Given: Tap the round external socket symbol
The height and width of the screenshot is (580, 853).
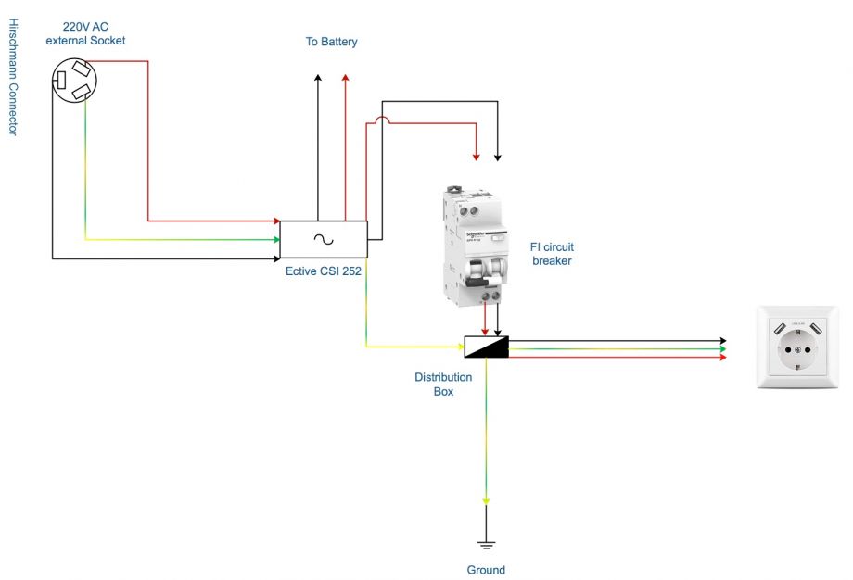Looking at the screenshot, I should pos(73,80).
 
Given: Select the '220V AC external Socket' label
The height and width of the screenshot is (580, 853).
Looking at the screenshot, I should pos(85,33).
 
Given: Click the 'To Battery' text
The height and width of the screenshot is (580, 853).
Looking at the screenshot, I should pos(332,42).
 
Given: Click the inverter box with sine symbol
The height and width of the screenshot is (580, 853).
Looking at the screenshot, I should pos(324,239).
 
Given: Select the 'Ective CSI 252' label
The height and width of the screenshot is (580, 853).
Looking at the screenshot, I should pos(324,271).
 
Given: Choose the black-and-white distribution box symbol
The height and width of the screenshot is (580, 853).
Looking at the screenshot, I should pos(486,347).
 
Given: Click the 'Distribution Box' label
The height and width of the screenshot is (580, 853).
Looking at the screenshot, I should pos(443,385).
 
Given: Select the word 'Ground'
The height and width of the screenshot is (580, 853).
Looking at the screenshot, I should pos(486,570).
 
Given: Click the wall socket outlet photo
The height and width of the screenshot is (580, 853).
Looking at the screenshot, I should pos(797,347).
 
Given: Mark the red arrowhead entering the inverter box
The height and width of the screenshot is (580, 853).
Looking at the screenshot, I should pos(275,221).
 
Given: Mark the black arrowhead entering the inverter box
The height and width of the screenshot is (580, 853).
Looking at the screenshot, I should pos(275,258).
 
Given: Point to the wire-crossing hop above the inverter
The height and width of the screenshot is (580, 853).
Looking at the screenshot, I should pos(380,120).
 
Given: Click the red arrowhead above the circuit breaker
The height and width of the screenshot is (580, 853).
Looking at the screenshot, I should pos(477,154).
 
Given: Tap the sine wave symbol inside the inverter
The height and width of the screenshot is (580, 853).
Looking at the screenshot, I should pos(324,239).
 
